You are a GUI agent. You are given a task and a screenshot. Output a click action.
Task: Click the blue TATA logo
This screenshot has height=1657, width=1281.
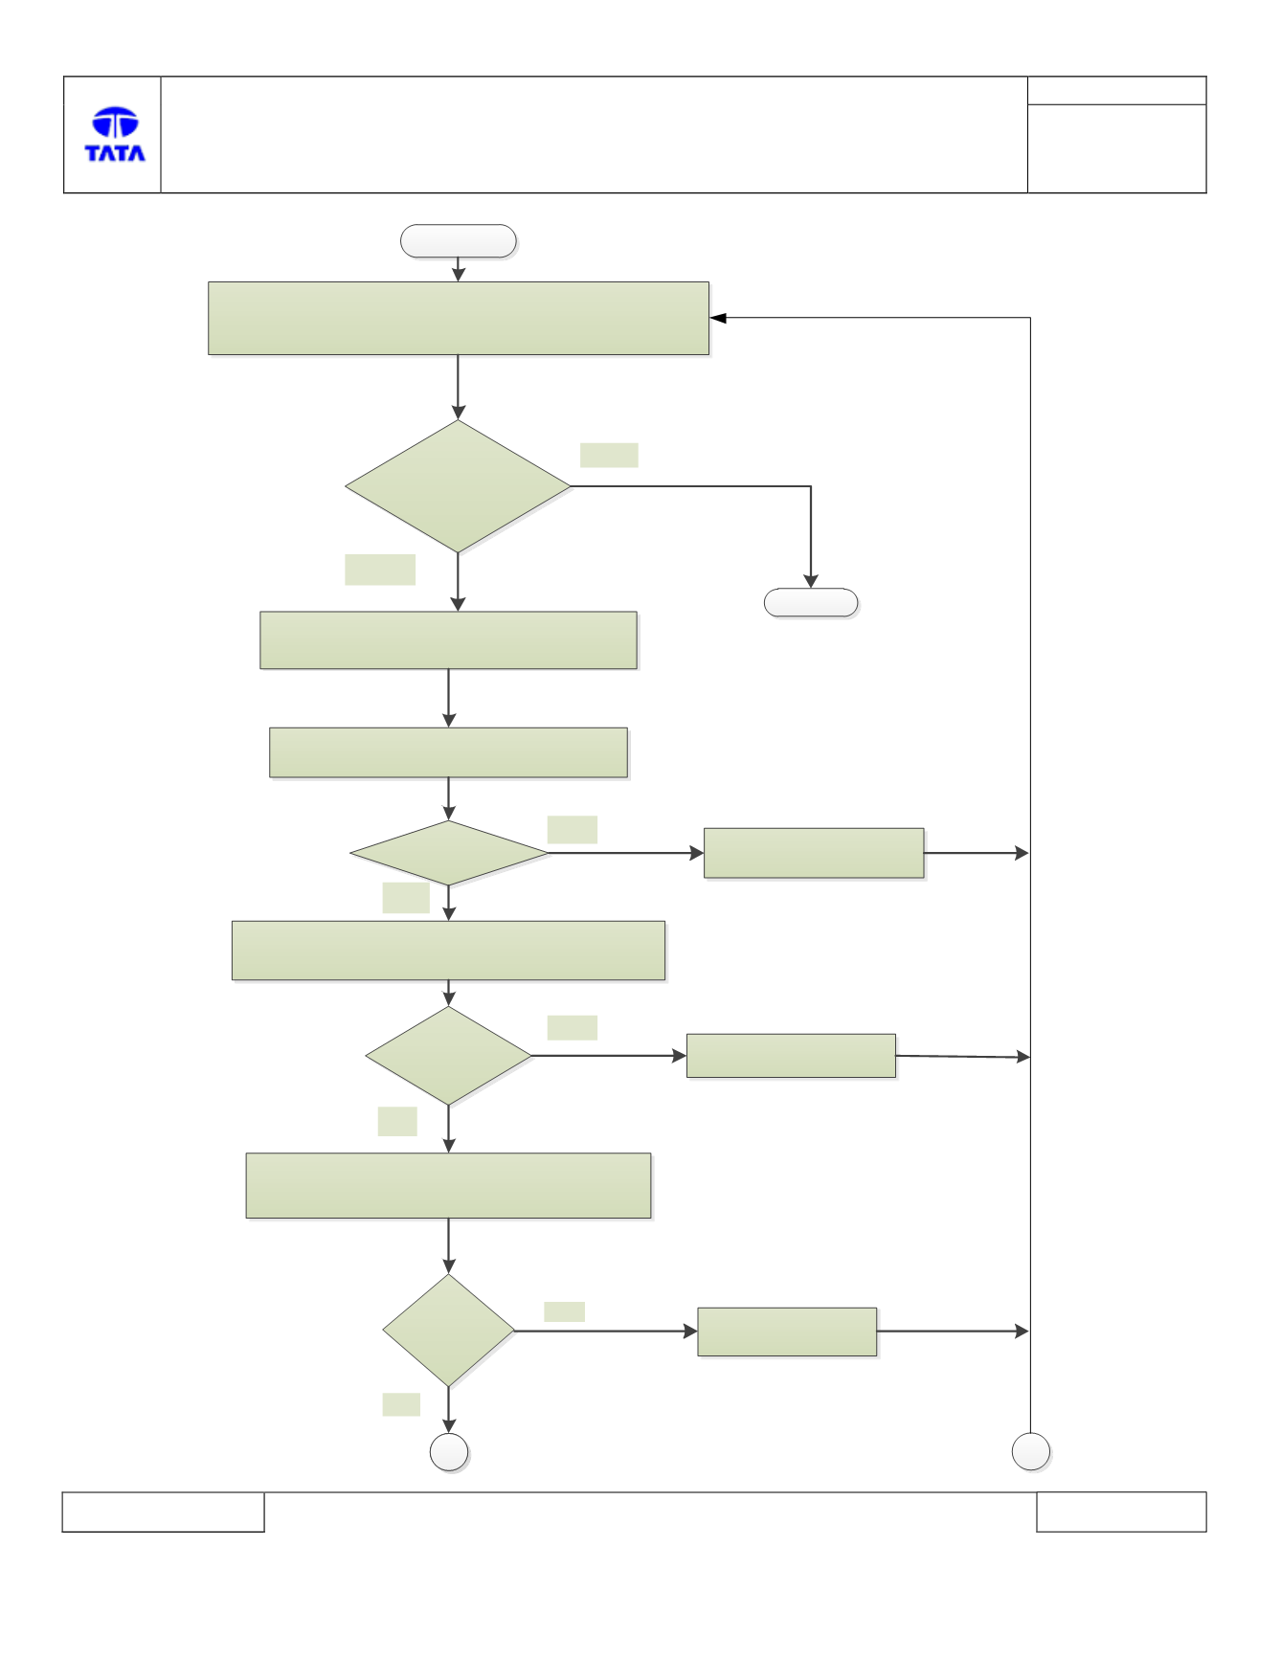click(x=115, y=134)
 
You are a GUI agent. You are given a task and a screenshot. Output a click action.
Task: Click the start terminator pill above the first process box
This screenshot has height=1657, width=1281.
click(x=459, y=241)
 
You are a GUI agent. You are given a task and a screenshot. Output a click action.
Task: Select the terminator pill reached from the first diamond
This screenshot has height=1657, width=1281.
click(x=811, y=602)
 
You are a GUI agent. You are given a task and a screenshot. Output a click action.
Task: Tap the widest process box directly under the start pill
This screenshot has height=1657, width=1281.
click(x=459, y=319)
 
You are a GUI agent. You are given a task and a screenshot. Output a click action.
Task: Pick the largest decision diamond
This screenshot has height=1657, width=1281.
click(x=459, y=486)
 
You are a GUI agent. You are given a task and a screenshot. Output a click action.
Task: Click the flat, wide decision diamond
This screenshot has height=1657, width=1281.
click(x=449, y=853)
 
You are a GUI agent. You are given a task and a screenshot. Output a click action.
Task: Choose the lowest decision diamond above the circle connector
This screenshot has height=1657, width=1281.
click(x=449, y=1330)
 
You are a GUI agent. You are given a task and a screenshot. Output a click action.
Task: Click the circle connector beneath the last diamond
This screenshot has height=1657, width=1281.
click(x=449, y=1452)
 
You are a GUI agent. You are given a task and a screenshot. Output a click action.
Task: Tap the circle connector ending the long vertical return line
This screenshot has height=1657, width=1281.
click(x=1031, y=1452)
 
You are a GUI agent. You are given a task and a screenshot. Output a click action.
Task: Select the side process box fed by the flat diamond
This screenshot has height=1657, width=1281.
click(x=814, y=853)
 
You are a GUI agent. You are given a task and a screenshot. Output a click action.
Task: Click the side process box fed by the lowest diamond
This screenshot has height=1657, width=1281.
click(x=787, y=1332)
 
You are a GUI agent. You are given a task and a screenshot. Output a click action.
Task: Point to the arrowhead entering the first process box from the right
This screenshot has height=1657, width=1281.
click(x=718, y=318)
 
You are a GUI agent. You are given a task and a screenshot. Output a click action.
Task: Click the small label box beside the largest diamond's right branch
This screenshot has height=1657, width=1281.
click(x=609, y=455)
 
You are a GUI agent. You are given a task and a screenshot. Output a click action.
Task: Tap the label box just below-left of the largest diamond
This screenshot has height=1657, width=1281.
click(x=380, y=570)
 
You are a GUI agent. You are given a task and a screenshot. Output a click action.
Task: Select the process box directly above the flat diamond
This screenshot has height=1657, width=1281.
click(x=449, y=752)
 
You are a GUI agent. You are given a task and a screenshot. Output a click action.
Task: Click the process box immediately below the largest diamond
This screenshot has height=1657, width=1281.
click(x=449, y=640)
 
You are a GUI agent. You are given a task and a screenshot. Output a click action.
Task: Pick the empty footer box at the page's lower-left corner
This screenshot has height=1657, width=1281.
click(x=163, y=1511)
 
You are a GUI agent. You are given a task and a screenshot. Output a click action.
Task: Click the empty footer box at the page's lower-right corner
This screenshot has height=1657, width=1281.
click(x=1121, y=1511)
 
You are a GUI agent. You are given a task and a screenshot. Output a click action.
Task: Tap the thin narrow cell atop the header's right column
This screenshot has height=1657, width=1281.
click(x=1116, y=91)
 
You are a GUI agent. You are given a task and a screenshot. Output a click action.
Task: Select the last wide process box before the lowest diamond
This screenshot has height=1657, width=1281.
click(x=449, y=1186)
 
